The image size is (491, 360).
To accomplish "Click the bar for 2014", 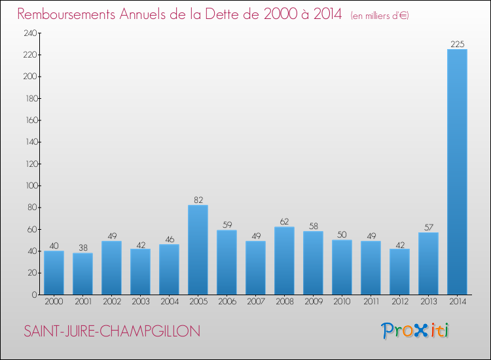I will (457, 171).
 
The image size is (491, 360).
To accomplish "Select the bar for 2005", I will (198, 249).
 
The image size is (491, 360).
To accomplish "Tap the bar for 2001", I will (82, 274).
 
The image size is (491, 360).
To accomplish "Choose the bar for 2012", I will (399, 272).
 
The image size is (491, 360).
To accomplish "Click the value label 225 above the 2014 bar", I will (457, 45).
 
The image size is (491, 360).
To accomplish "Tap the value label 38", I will (82, 248).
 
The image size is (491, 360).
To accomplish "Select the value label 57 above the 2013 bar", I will (428, 227).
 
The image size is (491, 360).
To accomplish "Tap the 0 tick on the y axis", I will (33, 295).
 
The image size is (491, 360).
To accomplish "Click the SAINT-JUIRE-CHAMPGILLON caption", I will (112, 331).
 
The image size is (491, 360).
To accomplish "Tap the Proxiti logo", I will (415, 330).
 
